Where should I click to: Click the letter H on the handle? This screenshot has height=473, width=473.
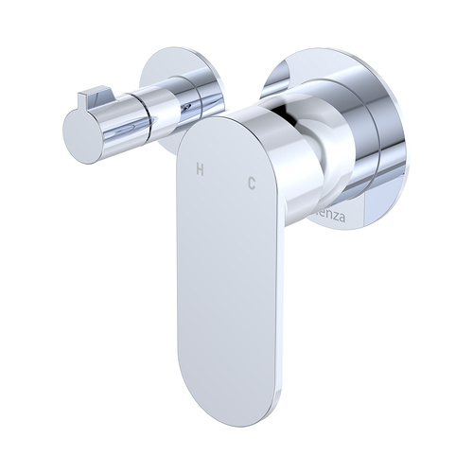(199, 170)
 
